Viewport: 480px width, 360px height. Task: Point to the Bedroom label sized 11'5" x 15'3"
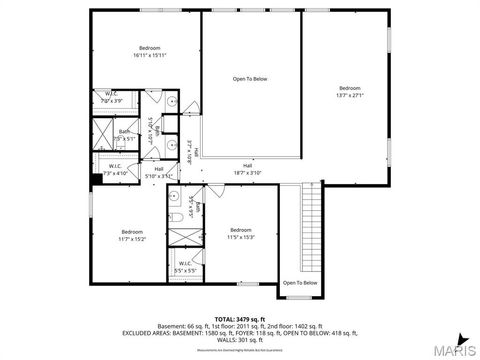point(241,233)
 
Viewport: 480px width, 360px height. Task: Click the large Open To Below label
point(250,78)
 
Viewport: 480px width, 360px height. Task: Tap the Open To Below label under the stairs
point(300,283)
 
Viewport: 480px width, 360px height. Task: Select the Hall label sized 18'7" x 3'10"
point(247,169)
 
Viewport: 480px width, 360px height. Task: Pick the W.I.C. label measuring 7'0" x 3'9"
point(112,97)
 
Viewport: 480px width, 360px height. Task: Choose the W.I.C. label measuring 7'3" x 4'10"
point(116,169)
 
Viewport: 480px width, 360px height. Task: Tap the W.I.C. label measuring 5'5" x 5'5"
point(185,267)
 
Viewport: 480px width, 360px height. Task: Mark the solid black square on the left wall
point(95,181)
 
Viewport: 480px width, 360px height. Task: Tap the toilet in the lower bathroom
point(176,215)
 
